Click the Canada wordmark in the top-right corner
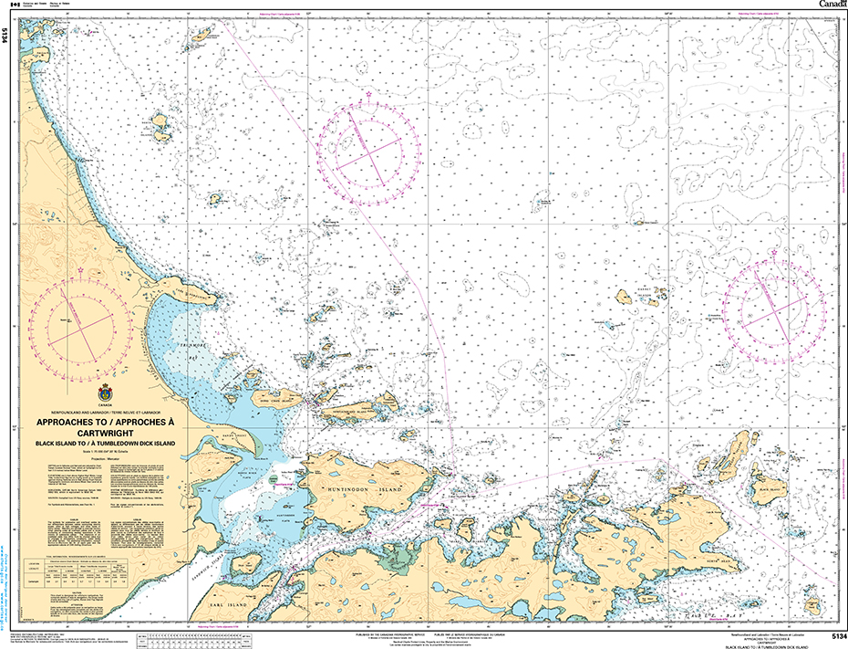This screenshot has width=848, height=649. coord(832,5)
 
